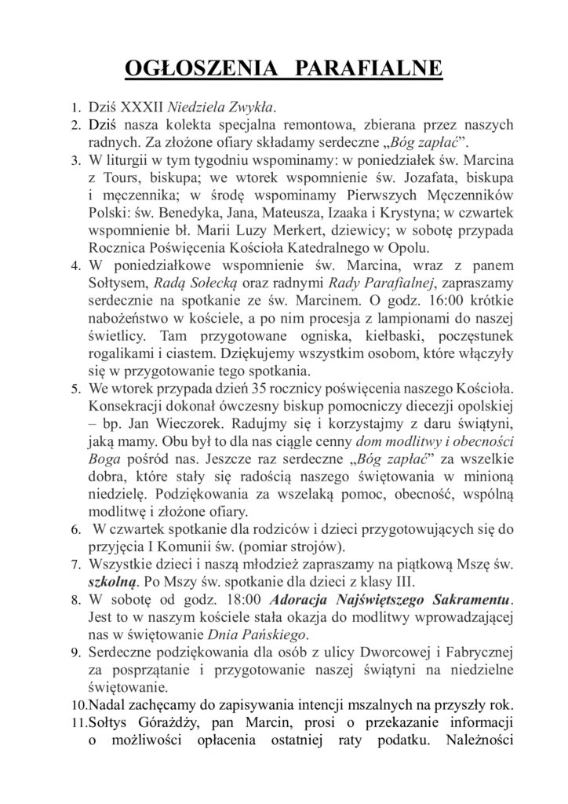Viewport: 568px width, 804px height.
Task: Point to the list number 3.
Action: (75, 161)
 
